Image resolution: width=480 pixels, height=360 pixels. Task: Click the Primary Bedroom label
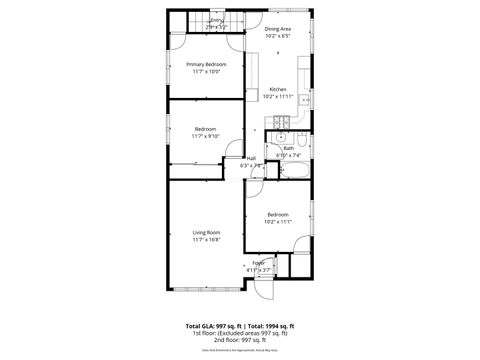[x=207, y=64]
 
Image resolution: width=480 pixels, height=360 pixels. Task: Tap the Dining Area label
[x=278, y=29]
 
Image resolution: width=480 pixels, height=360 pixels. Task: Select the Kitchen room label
[x=278, y=89]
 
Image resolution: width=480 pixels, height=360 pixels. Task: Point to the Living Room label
[x=207, y=232]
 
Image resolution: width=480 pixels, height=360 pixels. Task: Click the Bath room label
[x=288, y=148]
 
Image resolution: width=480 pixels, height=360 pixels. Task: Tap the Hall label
[x=251, y=158]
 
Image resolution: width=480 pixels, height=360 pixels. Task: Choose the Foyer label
[x=258, y=262]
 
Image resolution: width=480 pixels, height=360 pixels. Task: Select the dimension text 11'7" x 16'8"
[x=207, y=240]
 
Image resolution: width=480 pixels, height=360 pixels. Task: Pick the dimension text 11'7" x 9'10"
[x=207, y=136]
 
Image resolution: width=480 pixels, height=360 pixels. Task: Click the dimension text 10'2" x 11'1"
[x=278, y=222]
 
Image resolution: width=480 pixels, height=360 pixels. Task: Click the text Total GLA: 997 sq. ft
[x=215, y=325]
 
